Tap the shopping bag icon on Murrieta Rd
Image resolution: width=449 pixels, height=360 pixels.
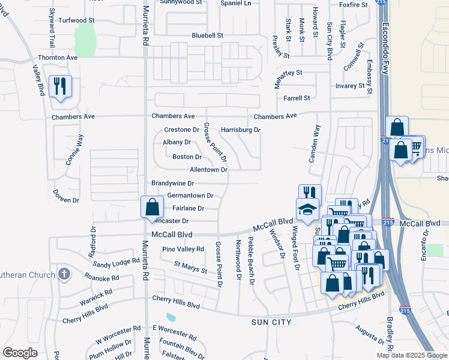tap(152, 207)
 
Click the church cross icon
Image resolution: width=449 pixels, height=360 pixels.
tap(64, 275)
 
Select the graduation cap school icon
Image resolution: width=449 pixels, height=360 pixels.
tap(307, 209)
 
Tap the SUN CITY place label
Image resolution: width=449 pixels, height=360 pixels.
tap(271, 322)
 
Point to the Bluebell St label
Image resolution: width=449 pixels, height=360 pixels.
tap(207, 35)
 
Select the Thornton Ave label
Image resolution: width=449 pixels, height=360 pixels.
tap(58, 58)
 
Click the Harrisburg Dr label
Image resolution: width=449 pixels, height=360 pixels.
tap(240, 130)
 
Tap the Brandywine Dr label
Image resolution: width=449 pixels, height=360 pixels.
tap(172, 183)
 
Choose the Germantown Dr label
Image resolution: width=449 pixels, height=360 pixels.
tap(190, 196)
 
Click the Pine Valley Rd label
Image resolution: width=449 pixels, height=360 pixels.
tap(183, 249)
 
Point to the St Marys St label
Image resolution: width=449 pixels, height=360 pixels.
tap(190, 267)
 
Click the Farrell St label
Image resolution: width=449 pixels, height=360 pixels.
tap(297, 98)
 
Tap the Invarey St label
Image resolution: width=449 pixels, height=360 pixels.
tap(350, 86)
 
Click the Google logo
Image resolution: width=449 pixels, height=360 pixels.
tap(20, 353)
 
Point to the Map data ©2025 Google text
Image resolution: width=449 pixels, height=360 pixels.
tap(411, 355)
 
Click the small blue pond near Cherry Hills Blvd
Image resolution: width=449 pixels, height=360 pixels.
tap(171, 317)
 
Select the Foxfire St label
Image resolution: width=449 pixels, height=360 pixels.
tap(353, 5)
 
